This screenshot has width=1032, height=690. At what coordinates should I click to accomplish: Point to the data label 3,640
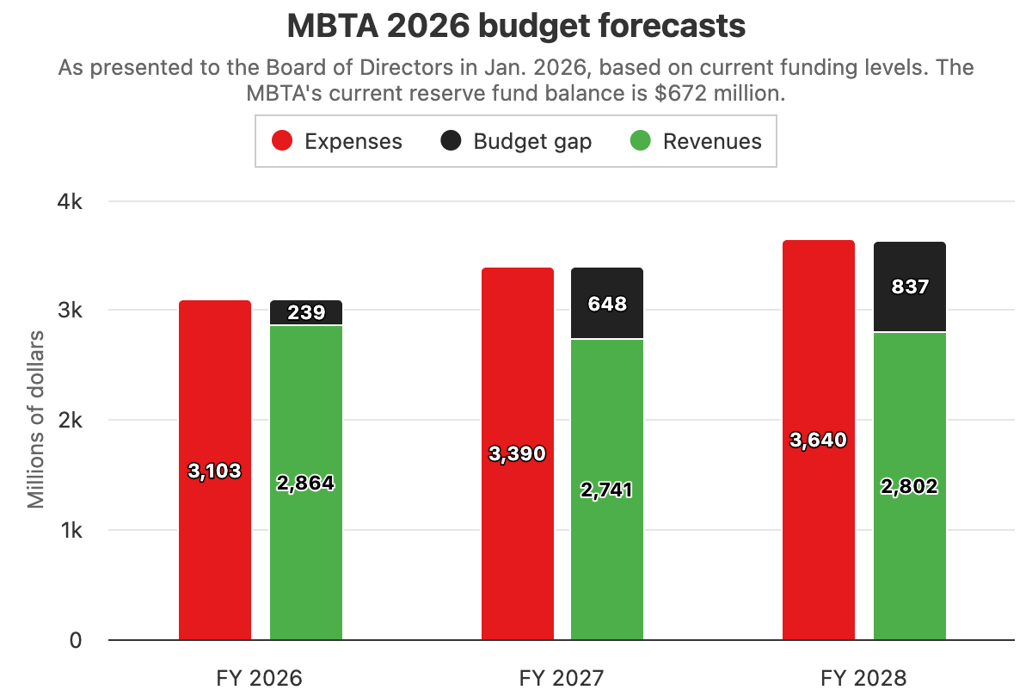click(x=818, y=440)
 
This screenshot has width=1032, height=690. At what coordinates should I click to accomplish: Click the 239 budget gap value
click(x=306, y=312)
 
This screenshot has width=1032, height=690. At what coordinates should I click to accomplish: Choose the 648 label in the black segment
click(x=607, y=304)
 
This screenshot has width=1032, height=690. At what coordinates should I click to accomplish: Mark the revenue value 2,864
click(x=305, y=484)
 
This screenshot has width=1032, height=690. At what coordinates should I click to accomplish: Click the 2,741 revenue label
click(x=607, y=490)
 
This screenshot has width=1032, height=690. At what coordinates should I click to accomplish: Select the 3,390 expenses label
click(x=517, y=453)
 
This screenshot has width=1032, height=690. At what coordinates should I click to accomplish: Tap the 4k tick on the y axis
click(x=70, y=201)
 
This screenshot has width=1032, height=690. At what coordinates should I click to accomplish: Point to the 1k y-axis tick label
click(x=70, y=531)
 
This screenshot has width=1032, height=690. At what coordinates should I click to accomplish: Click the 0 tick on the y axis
click(x=75, y=640)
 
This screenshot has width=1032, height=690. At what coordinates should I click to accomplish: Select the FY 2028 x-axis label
click(x=863, y=678)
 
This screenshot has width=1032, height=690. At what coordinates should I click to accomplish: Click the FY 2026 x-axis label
click(x=260, y=678)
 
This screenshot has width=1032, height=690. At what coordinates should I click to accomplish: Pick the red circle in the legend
click(x=283, y=141)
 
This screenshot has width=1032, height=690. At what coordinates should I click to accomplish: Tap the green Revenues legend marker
click(x=641, y=141)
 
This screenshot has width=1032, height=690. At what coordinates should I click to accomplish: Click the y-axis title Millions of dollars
click(x=36, y=420)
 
